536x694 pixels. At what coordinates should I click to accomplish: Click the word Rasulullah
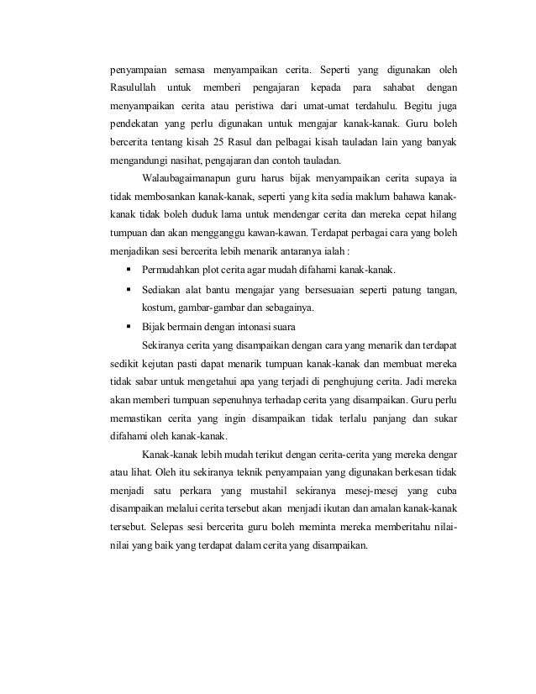click(130, 87)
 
